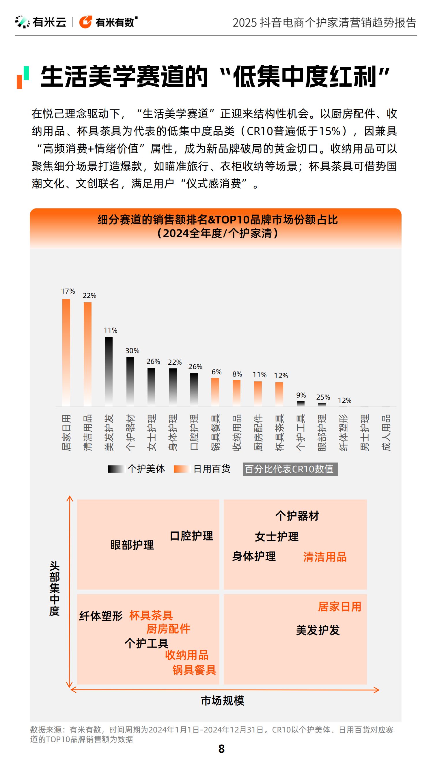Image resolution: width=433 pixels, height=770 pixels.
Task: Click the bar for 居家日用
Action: tap(66, 353)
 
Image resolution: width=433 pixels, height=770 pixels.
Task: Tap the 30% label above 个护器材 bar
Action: tap(132, 350)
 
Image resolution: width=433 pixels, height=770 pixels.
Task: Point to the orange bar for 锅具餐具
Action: tap(215, 392)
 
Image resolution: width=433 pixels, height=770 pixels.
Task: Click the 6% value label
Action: tap(216, 372)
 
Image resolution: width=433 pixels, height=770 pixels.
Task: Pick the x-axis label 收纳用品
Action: tap(237, 432)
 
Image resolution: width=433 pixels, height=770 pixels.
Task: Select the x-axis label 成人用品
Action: tap(386, 432)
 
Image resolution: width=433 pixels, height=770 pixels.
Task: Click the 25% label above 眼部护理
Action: tap(323, 397)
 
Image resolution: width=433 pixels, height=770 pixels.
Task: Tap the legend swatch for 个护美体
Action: tap(116, 469)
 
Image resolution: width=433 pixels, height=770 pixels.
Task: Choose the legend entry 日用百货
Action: tap(212, 469)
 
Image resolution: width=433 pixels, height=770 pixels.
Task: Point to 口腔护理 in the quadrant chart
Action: tap(191, 536)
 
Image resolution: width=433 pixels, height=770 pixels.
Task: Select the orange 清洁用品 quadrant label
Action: tap(325, 557)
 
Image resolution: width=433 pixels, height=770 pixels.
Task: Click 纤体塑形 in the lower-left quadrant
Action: tap(101, 616)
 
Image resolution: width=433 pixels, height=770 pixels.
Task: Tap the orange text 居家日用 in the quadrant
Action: tap(339, 607)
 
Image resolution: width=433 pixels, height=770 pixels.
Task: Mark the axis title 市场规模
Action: tap(222, 701)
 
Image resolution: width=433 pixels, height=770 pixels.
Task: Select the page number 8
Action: tap(221, 749)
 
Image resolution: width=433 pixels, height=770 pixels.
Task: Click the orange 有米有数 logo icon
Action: tap(85, 22)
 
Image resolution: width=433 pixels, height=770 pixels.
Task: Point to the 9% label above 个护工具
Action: tap(301, 395)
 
